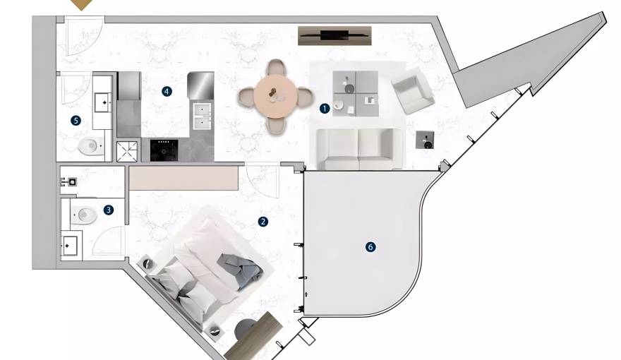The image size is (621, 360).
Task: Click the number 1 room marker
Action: (325, 108)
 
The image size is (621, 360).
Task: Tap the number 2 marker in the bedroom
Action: (263, 222)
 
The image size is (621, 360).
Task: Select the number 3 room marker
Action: (109, 210)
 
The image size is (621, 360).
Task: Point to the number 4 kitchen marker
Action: (167, 92)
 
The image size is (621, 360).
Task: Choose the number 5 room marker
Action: (76, 121)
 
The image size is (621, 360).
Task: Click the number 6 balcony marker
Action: (370, 247)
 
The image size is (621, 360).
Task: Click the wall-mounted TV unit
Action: (334, 35)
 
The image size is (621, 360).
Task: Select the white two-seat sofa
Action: (360, 149)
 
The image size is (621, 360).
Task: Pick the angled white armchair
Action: (413, 90)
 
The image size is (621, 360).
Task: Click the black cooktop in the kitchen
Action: (164, 150)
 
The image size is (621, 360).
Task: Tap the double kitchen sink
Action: (202, 116)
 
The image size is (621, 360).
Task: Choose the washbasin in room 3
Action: (71, 246)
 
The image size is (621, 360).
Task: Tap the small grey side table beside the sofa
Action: (425, 140)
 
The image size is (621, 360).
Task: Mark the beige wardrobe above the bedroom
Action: (183, 178)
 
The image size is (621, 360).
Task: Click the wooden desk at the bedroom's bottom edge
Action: (254, 335)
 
